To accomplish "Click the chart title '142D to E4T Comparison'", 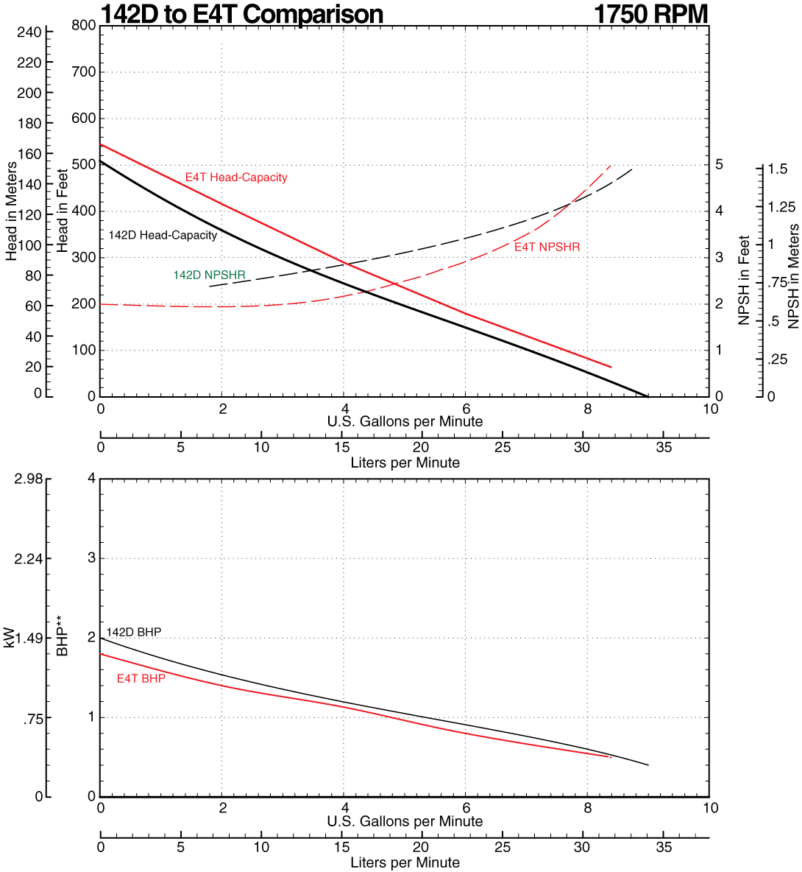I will click(x=241, y=13).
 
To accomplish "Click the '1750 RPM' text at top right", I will click(x=650, y=13).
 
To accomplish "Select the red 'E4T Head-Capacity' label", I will click(x=236, y=177).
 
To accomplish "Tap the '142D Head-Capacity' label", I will click(x=163, y=236).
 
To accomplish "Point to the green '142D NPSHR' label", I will click(x=209, y=275).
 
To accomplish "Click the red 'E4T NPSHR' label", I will click(x=547, y=247).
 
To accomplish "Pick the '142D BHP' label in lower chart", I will click(x=133, y=633).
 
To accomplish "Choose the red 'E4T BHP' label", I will click(x=141, y=679).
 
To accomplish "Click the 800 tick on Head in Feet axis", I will click(x=84, y=26).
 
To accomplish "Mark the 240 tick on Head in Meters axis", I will click(x=30, y=32).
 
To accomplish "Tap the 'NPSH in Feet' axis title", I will click(x=744, y=281).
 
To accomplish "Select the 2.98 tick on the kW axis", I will click(x=29, y=479).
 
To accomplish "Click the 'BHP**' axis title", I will click(x=63, y=638).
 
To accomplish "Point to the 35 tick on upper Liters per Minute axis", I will click(x=664, y=448).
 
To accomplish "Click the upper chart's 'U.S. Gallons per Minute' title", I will click(x=405, y=422).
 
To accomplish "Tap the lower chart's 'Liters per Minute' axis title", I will click(x=405, y=862).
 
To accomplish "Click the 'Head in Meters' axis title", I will click(x=12, y=211).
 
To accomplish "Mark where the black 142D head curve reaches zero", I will click(x=647, y=395).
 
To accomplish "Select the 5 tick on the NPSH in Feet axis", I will click(x=720, y=164).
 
